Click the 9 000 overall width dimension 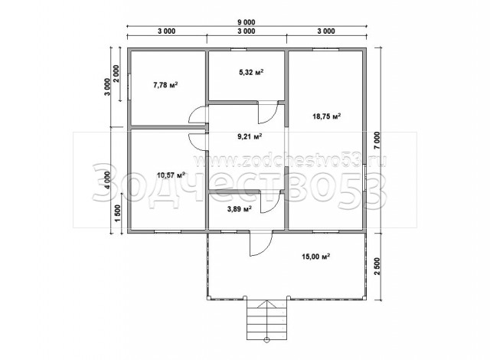click(247, 22)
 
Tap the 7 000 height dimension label click(377, 141)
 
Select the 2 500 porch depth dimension click(377, 267)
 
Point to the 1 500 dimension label click(118, 214)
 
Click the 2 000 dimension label click(116, 74)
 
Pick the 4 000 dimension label click(107, 180)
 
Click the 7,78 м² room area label click(165, 85)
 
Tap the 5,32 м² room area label click(251, 72)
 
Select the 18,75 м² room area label click(327, 116)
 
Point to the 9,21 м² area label click(250, 136)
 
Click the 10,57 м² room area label click(171, 175)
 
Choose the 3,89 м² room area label click(240, 209)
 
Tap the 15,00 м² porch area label click(316, 257)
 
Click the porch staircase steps click(266, 319)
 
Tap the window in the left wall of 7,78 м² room click(129, 87)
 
